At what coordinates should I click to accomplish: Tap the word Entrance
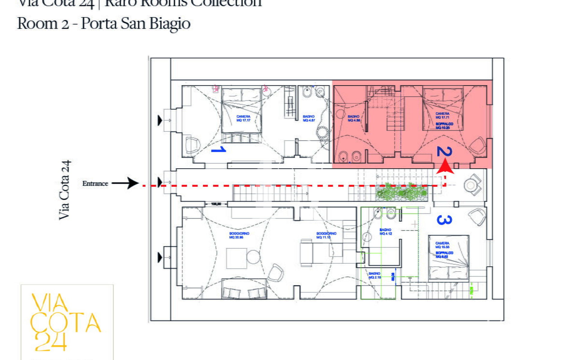tap(95, 184)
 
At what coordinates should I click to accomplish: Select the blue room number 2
tap(444, 151)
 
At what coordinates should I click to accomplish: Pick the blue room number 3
tap(444, 220)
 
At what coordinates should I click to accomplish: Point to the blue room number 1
tap(219, 149)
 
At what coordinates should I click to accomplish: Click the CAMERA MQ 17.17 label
tap(243, 118)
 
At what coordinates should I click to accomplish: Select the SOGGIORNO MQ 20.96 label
tap(239, 235)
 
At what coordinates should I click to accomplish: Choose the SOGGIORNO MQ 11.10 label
tap(326, 235)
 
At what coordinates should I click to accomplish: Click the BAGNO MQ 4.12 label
tap(385, 232)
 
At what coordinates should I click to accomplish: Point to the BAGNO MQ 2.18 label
tap(374, 275)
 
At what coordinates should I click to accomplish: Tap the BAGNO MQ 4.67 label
tap(309, 118)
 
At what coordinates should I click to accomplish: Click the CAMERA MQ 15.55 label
tap(442, 245)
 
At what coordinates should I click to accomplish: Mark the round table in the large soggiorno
tap(253, 257)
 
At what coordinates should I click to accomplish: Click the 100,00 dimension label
tap(216, 204)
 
